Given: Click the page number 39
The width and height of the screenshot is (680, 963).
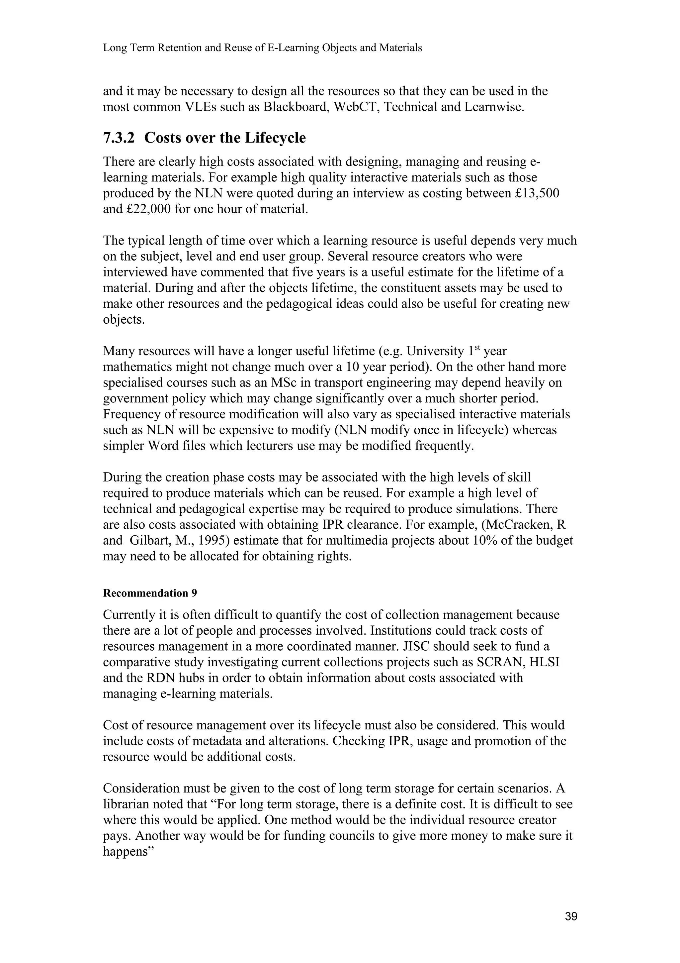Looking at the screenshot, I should tap(571, 916).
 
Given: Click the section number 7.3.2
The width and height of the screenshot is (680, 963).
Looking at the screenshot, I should tap(119, 138).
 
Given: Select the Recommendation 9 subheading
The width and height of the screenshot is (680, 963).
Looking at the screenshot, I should tap(150, 593).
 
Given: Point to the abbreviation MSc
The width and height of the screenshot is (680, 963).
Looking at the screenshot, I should tap(283, 383).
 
